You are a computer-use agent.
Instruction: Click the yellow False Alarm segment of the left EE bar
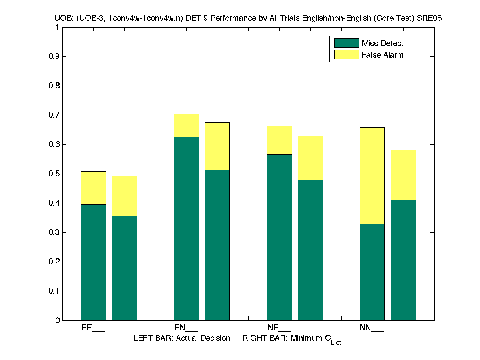tap(93, 188)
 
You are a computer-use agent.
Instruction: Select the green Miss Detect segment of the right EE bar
tap(124, 268)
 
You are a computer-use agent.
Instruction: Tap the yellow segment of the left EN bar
tap(186, 125)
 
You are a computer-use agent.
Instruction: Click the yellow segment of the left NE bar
tap(279, 140)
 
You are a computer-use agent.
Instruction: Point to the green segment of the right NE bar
tap(310, 250)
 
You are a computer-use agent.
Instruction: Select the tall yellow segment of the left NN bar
tap(372, 176)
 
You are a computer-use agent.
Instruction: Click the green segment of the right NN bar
tap(403, 260)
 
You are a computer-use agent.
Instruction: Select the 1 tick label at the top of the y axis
tap(57, 28)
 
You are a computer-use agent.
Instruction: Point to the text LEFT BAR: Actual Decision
tap(182, 338)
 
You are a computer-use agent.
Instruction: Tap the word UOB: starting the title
tap(63, 18)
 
